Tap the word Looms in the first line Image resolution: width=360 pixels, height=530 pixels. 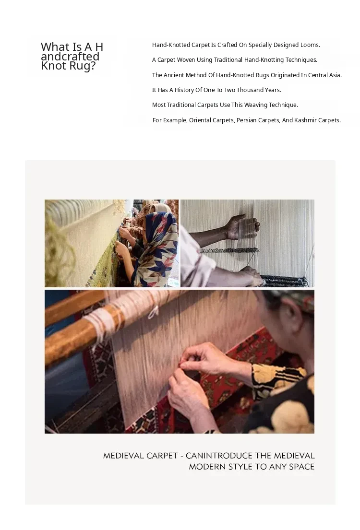pyautogui.click(x=310, y=45)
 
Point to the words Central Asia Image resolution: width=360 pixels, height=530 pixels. pyautogui.click(x=325, y=75)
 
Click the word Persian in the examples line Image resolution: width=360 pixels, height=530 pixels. pyautogui.click(x=247, y=120)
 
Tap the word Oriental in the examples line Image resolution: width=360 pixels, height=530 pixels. pyautogui.click(x=200, y=120)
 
